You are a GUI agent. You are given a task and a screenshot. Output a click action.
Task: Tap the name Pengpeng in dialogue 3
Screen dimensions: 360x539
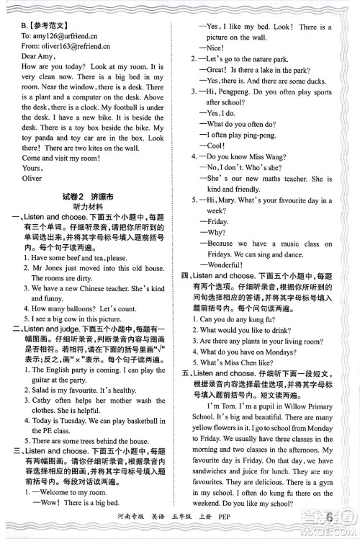[239, 92]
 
